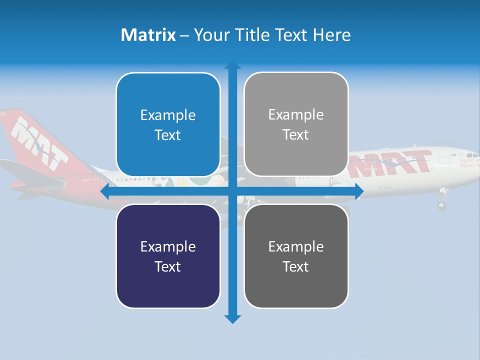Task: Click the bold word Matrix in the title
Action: (148, 35)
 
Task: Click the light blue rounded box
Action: (168, 124)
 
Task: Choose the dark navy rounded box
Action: (168, 256)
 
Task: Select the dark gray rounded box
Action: (296, 256)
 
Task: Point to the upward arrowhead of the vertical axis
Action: (232, 65)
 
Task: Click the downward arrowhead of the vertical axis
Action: (232, 318)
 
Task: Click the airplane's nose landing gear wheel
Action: (441, 205)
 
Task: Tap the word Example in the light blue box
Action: (168, 115)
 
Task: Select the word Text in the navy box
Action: (168, 266)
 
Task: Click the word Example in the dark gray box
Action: (296, 246)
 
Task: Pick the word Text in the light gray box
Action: (296, 134)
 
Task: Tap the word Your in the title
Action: (213, 35)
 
